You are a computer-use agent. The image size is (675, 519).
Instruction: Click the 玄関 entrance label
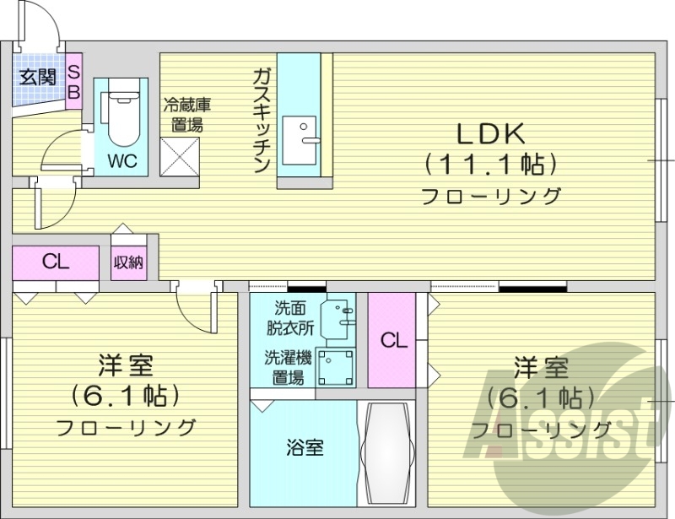click(38, 77)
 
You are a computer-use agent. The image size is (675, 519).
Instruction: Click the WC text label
click(121, 159)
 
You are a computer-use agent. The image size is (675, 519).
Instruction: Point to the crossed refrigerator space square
click(179, 157)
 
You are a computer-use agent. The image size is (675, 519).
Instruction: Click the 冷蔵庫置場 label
click(186, 116)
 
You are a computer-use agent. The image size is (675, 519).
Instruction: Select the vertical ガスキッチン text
click(261, 119)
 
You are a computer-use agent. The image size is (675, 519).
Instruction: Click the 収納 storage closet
click(128, 262)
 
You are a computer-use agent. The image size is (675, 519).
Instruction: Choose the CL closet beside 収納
click(56, 262)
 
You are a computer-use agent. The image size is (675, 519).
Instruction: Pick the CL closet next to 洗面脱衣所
click(392, 340)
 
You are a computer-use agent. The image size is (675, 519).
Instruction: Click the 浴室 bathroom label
click(303, 448)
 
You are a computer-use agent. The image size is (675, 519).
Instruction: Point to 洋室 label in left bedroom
click(125, 367)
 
